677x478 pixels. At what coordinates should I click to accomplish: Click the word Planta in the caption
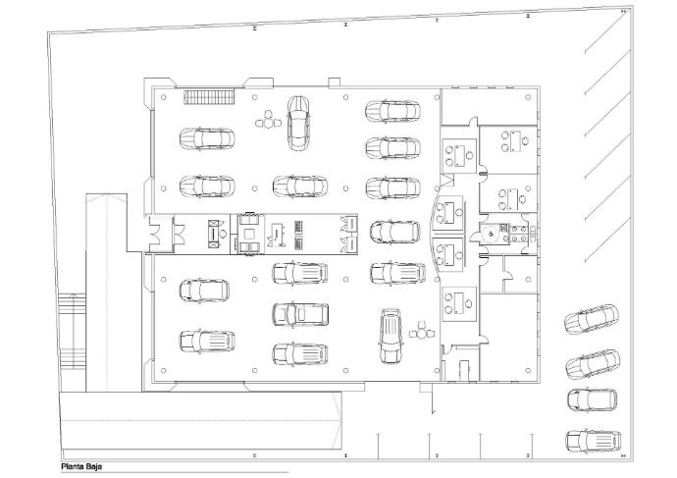tap(72, 467)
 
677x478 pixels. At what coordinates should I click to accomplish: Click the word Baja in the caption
tap(93, 467)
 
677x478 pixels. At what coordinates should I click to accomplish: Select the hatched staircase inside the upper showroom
tap(209, 97)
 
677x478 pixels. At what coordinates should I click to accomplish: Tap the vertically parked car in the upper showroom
tap(298, 123)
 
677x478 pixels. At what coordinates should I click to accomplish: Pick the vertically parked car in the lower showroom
tap(391, 336)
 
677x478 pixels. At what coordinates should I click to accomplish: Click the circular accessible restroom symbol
tap(491, 234)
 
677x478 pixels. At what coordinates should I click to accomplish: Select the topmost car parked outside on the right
tap(591, 319)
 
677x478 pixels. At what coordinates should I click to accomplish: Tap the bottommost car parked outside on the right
tap(594, 441)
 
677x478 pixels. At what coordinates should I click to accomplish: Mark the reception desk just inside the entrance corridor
tap(214, 234)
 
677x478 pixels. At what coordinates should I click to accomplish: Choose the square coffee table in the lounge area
tap(249, 234)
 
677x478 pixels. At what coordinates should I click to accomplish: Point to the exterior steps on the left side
tap(72, 331)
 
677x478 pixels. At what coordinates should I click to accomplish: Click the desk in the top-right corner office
tap(514, 141)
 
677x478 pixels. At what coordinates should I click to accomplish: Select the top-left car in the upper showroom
tap(207, 138)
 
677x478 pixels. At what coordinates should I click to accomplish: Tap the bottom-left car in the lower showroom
tap(207, 342)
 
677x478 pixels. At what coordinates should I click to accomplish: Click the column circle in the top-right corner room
tap(528, 97)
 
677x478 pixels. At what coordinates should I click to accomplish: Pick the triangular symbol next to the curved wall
tap(447, 180)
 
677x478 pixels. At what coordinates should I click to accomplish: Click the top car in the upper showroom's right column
tap(392, 112)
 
